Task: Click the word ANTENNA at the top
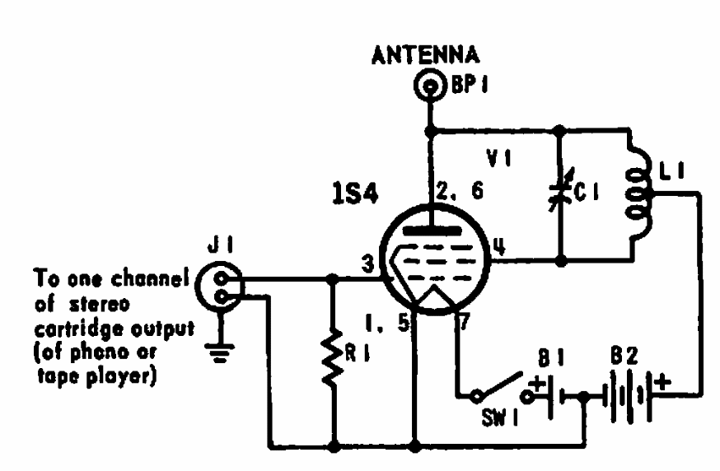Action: click(426, 55)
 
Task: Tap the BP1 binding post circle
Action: click(430, 86)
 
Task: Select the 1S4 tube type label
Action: click(355, 194)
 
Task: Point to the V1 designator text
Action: click(498, 159)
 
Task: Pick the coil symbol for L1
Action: click(638, 193)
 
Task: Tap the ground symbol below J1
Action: click(220, 353)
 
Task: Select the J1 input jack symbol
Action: click(220, 287)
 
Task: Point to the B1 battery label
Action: click(551, 358)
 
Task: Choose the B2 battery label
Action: click(624, 356)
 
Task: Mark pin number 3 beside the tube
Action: click(367, 264)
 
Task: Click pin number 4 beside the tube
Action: click(499, 246)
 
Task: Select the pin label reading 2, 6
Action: click(460, 190)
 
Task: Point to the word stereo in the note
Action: click(99, 305)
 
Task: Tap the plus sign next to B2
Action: click(663, 382)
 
